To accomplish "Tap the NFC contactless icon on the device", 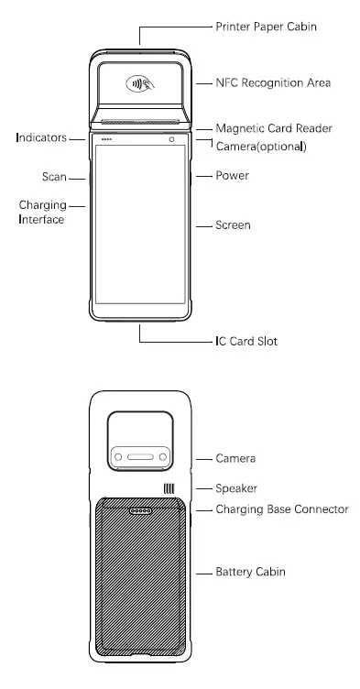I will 140,84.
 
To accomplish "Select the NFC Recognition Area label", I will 272,83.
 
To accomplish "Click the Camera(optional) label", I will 260,147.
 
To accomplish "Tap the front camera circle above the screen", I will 171,140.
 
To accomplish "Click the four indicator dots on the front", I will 106,140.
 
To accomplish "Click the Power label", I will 231,175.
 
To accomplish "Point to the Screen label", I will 233,224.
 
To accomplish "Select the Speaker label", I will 236,488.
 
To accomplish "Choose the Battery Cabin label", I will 251,572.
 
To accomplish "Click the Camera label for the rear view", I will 235,457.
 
